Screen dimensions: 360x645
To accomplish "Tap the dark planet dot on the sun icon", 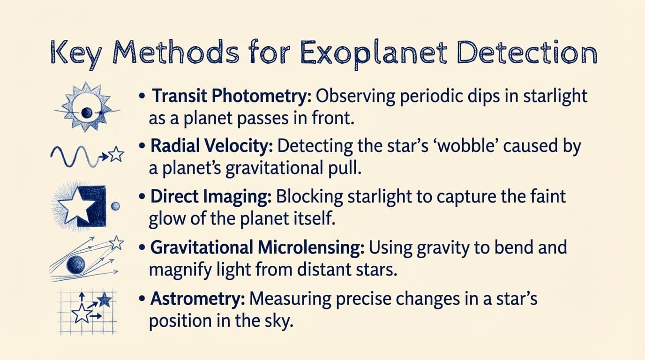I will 86,112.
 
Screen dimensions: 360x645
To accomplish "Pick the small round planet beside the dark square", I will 115,206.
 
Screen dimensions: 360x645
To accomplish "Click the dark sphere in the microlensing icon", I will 75,265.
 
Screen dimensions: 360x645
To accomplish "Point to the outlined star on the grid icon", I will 81,314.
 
